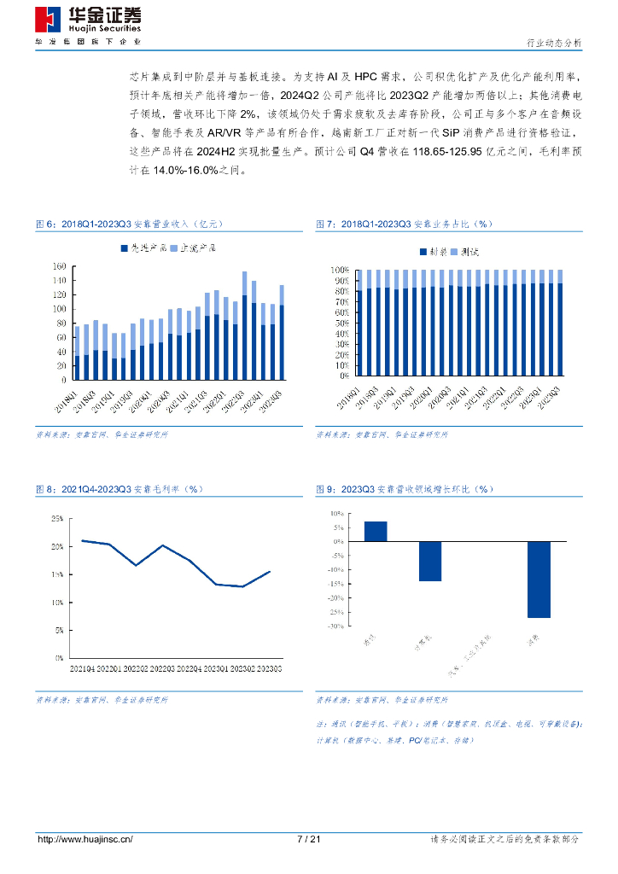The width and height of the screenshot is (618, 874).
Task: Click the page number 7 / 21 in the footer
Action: (308, 839)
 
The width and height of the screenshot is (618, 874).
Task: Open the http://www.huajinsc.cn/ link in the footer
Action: (85, 839)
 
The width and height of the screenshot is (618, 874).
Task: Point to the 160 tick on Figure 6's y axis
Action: (59, 267)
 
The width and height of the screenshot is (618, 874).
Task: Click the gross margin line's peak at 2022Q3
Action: (162, 545)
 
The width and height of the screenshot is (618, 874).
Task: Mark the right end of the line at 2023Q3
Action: (270, 572)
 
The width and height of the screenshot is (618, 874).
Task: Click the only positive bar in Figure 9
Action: (376, 531)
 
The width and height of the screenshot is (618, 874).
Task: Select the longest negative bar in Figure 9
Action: (539, 579)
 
